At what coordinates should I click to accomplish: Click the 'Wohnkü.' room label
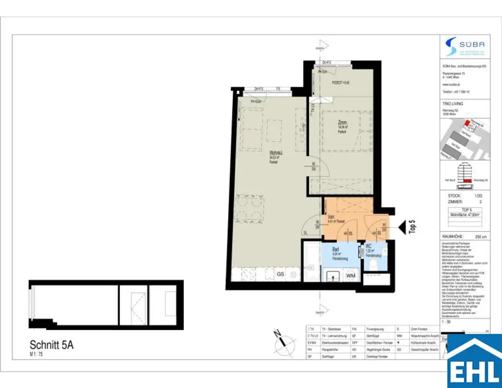tap(275, 153)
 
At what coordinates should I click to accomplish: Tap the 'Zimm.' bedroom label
tap(343, 123)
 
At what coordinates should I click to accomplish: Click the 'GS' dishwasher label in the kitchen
tap(281, 274)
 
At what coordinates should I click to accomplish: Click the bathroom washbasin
tap(331, 276)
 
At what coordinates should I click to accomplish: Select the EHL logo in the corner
tap(474, 362)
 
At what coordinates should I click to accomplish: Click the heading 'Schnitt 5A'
tap(51, 345)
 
